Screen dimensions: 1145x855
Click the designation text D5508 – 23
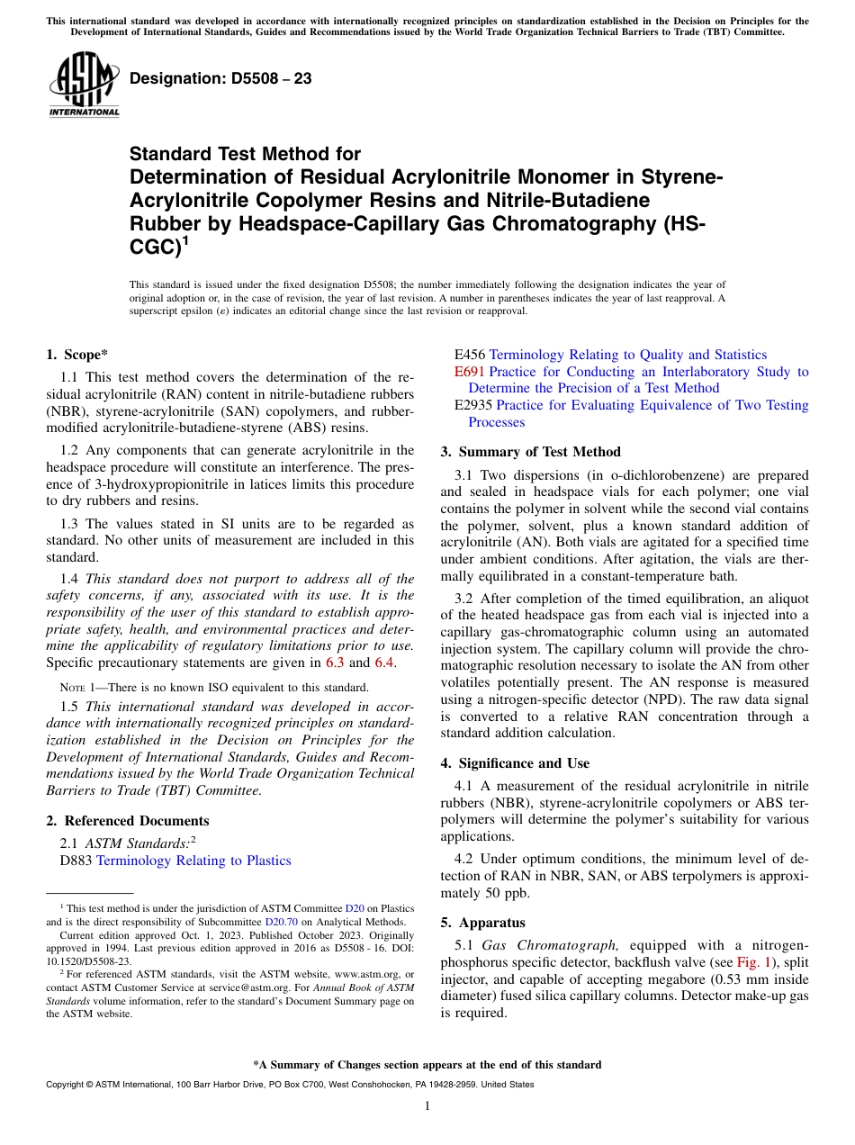pos(220,78)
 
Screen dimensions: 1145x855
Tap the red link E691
pos(470,372)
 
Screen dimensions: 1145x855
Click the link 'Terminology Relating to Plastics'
pos(193,861)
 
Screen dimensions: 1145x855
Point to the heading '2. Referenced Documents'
pos(128,821)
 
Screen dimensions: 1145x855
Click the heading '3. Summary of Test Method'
pos(530,452)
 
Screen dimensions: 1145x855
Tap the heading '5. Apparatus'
pos(482,923)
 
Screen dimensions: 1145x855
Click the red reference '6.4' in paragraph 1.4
pos(384,663)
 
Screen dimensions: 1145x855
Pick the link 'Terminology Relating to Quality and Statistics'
pos(627,355)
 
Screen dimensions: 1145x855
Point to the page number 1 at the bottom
pos(427,1106)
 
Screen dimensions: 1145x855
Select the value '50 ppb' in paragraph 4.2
pos(510,893)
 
